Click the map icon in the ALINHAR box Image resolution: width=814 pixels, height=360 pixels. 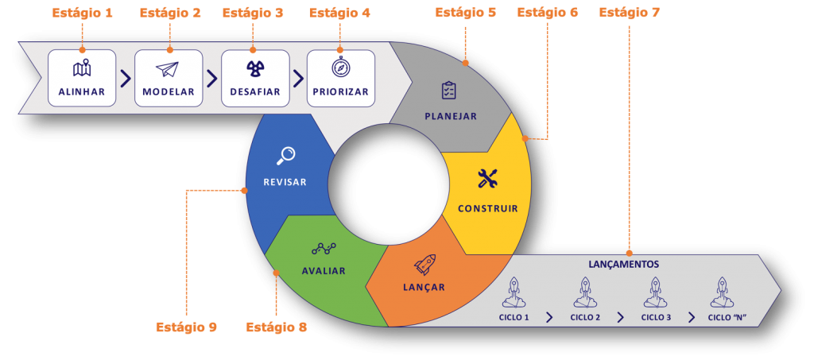pos(82,68)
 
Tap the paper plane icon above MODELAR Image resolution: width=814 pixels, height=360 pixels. pos(169,69)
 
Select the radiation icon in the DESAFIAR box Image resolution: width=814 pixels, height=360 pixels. pos(254,69)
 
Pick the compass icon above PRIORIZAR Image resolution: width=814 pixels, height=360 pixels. pos(341,68)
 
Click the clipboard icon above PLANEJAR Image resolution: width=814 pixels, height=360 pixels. pos(449,90)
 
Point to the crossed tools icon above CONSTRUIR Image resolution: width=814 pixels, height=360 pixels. pos(487,179)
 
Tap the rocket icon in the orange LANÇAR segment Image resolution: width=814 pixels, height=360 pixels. pos(424,264)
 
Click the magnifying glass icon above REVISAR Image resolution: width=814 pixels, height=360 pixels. pos(285,155)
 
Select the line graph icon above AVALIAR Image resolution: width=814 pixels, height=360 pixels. pos(324,249)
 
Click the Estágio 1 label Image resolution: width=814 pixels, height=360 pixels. pos(82,13)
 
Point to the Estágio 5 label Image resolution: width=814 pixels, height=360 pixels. pos(466,13)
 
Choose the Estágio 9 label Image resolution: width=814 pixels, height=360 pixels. pos(186,327)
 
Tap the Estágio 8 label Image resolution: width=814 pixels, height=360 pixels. pos(276,327)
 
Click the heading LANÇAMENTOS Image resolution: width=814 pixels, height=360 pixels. pos(624,264)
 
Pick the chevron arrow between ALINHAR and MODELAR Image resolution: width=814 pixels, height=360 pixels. pos(126,79)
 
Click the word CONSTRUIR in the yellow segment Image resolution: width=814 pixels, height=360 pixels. pos(487,209)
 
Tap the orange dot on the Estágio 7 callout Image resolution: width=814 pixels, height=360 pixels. pos(629,254)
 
